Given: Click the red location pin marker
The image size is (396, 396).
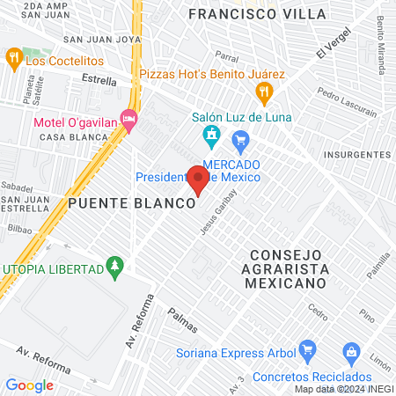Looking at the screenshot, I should [x=199, y=180].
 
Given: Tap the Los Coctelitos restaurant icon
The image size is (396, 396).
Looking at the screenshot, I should [x=13, y=60].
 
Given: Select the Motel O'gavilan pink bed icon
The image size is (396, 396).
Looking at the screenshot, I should [x=129, y=118].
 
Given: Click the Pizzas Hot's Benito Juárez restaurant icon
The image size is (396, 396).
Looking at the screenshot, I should [x=262, y=91].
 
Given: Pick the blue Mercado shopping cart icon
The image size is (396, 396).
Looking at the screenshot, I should [x=240, y=139].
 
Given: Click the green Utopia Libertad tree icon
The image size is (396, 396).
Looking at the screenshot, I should [x=113, y=265].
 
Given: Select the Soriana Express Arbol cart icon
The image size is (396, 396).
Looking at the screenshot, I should [x=306, y=350].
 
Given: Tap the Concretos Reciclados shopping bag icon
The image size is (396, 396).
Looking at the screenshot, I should [x=351, y=353].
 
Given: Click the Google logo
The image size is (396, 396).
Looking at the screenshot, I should [x=29, y=385].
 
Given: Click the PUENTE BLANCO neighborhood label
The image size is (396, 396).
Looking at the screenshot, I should [x=130, y=203].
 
